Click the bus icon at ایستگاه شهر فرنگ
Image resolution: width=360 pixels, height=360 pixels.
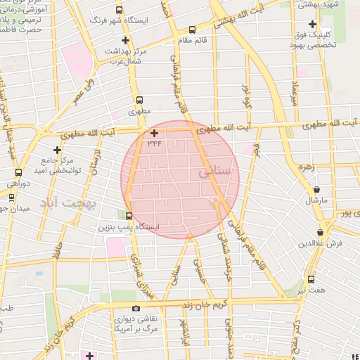118,11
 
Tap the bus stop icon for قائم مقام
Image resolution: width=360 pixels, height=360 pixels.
192,30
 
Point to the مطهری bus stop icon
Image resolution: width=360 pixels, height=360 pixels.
139,100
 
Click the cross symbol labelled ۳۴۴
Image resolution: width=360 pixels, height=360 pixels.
155,132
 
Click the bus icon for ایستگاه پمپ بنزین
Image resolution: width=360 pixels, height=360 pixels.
128,216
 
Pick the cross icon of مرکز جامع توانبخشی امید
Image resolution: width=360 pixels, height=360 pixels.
58,150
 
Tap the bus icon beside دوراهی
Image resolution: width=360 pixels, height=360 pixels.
19,172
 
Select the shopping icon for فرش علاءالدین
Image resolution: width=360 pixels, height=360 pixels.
321,232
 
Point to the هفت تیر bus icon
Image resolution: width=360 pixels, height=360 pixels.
311,278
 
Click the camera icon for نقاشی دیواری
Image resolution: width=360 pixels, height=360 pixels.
136,308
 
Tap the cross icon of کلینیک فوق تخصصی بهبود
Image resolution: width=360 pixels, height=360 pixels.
312,24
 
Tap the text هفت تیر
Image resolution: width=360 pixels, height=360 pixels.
310,290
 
